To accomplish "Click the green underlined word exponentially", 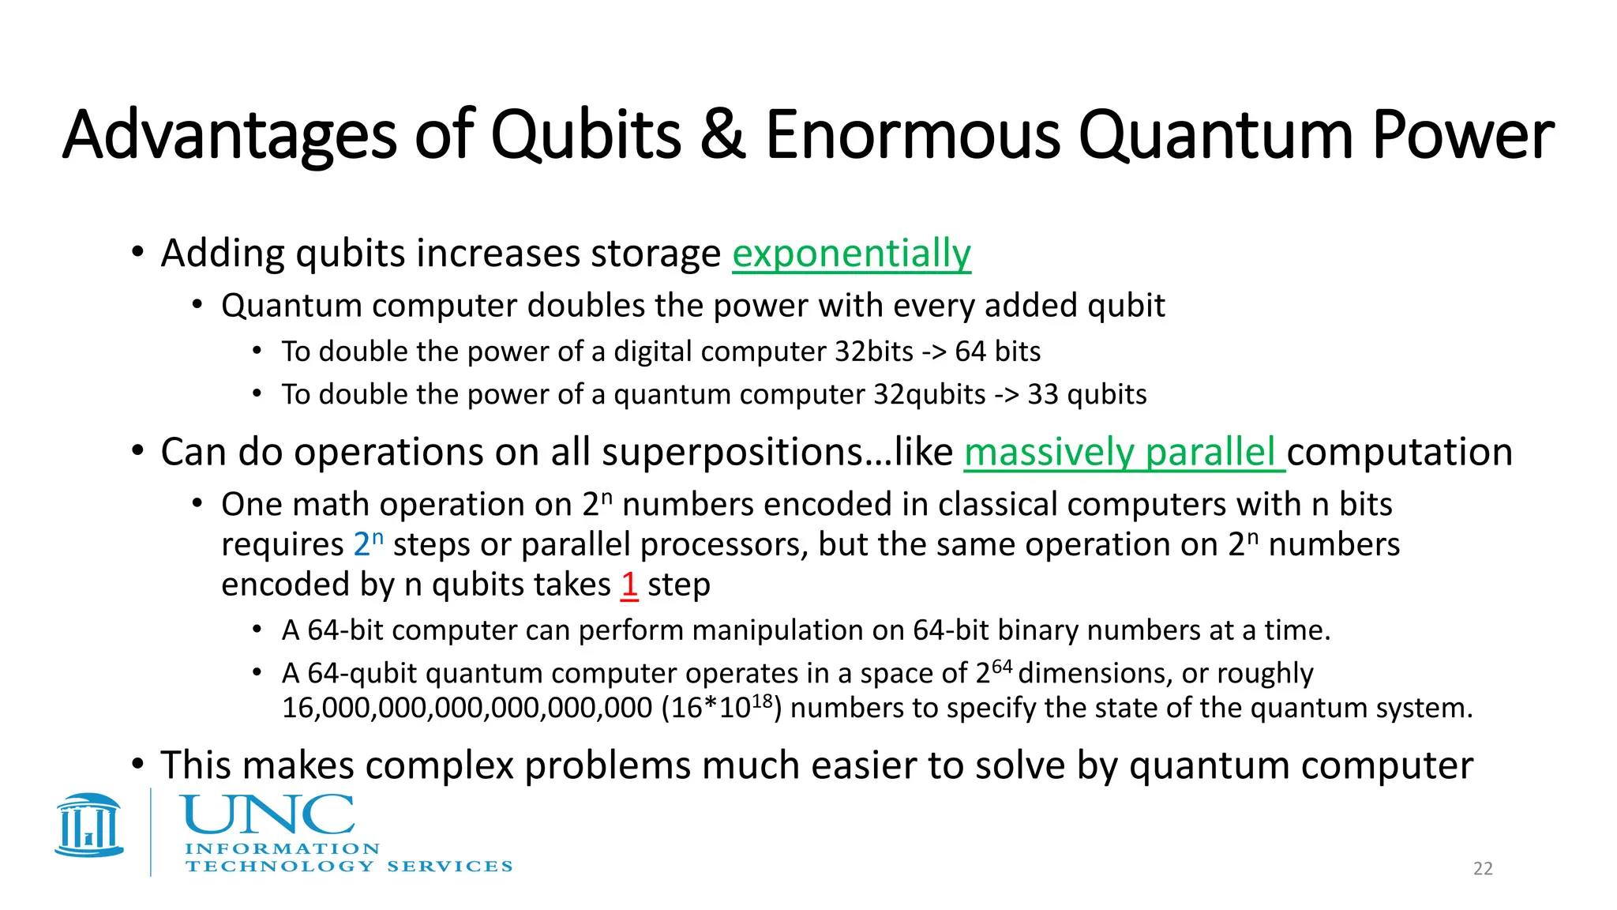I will click(851, 254).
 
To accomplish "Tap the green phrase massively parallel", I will click(1120, 453).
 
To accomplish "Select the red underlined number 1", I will click(629, 585).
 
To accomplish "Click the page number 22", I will click(1483, 869).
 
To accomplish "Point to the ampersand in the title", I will click(722, 136).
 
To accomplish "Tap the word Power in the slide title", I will click(1463, 136).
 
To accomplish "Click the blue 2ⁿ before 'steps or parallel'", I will click(367, 544).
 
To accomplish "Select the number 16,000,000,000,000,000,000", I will click(467, 708).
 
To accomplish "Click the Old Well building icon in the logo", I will click(88, 825).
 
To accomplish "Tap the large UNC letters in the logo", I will click(268, 815).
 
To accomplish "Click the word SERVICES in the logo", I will click(449, 867).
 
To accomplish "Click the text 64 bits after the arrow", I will click(997, 352).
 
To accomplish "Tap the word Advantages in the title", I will click(229, 136).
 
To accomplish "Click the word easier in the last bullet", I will click(864, 765).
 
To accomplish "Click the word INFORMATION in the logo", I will click(282, 849).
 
